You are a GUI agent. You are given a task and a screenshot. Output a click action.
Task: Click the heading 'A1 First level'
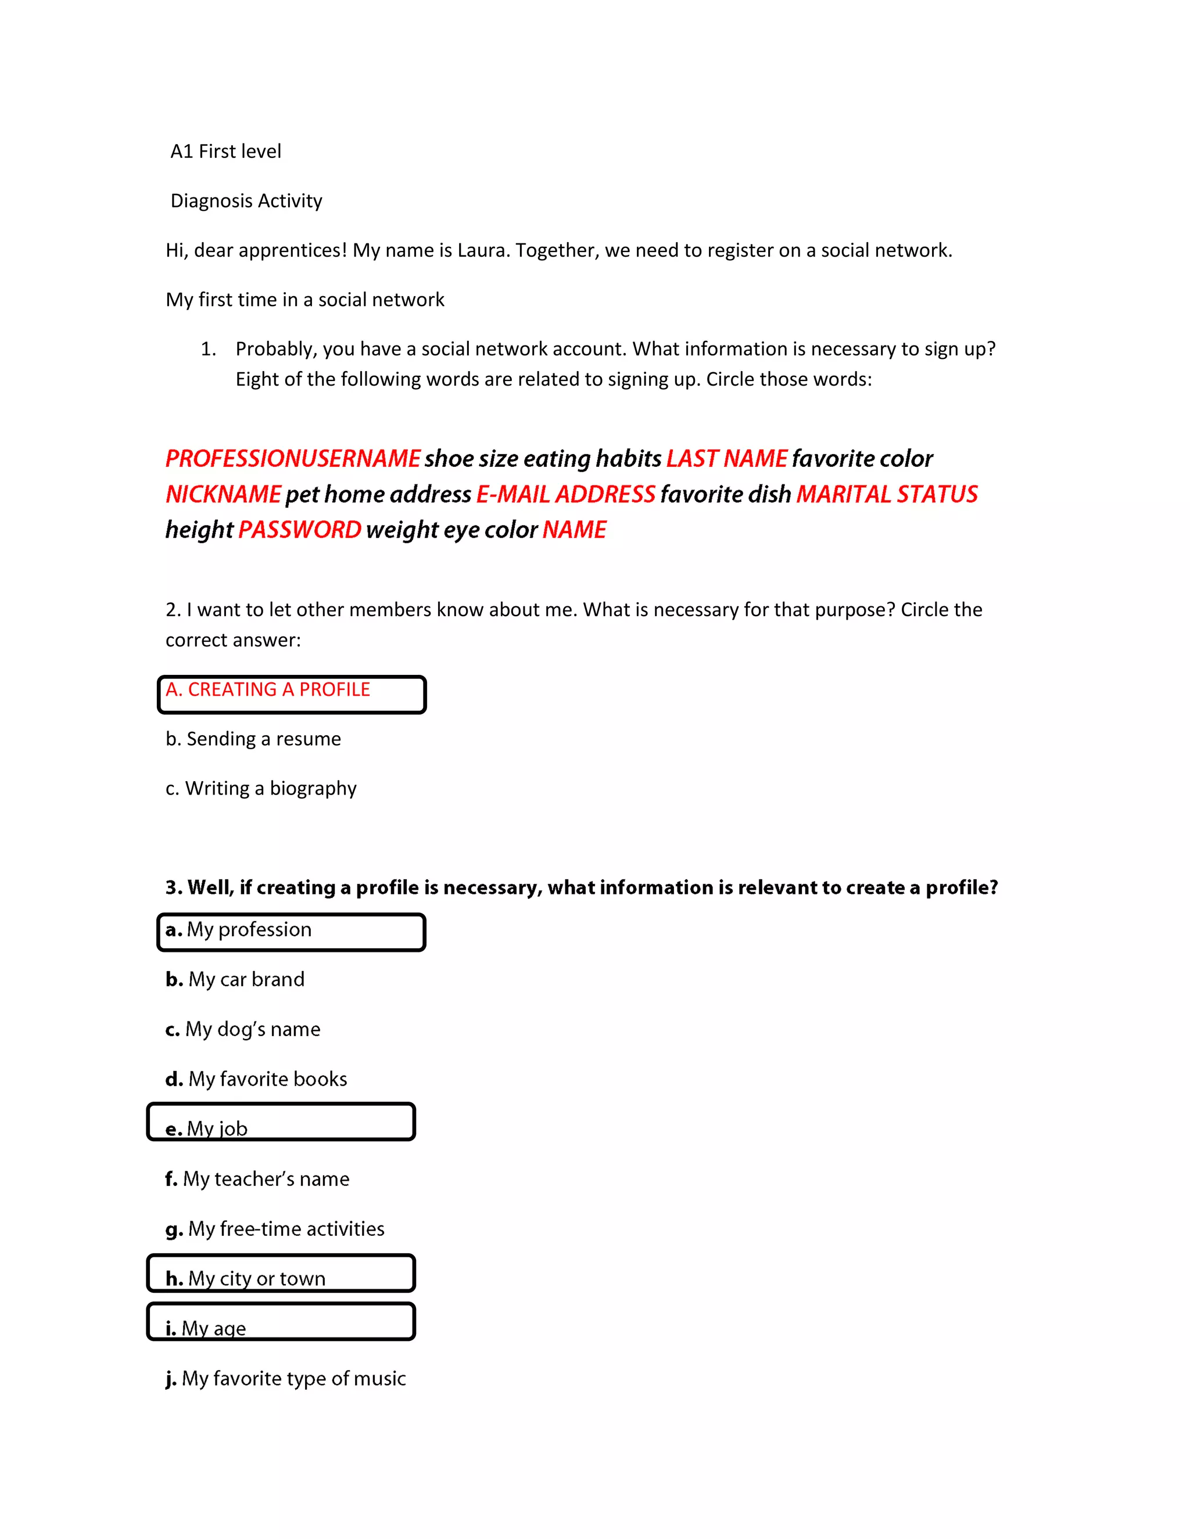[225, 152]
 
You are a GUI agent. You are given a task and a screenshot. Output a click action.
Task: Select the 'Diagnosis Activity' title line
[246, 201]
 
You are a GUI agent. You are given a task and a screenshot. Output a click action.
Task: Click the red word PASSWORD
[300, 529]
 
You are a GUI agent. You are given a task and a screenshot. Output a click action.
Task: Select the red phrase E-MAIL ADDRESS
[565, 494]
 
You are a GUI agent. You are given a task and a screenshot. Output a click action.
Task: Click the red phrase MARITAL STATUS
[886, 494]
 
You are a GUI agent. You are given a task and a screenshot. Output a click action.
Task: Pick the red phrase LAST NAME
[726, 459]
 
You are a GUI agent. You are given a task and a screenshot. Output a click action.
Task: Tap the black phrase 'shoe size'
[470, 459]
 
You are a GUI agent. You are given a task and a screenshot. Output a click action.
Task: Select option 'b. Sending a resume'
[253, 739]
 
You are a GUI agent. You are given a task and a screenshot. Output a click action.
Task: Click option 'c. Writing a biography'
[261, 788]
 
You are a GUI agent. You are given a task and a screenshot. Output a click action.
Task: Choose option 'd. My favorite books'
[256, 1079]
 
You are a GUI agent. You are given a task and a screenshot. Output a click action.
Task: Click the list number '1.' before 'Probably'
[208, 349]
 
